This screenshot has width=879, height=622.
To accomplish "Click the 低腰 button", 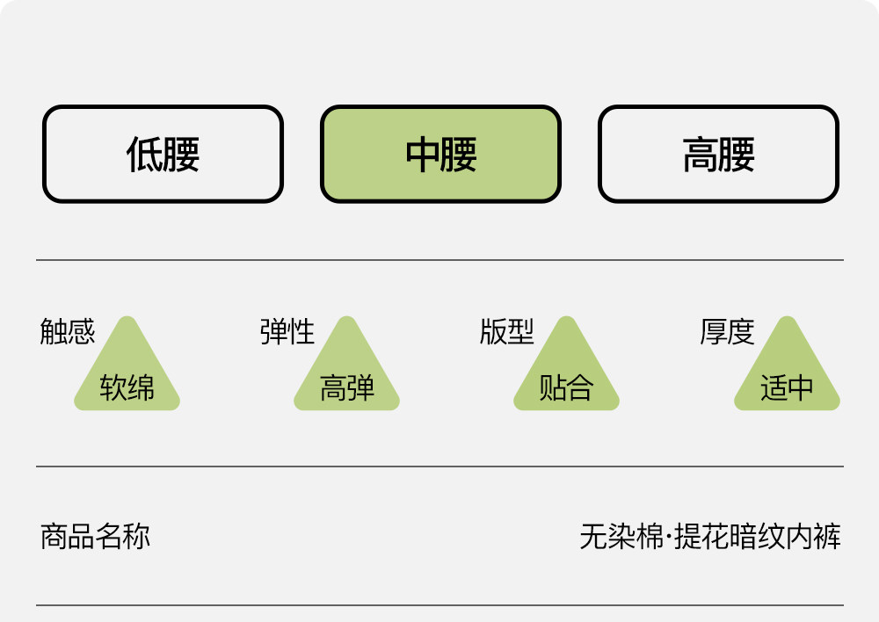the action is pyautogui.click(x=163, y=155).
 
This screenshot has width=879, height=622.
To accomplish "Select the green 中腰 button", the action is pyautogui.click(x=440, y=155).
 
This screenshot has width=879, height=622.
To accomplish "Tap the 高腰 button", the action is pyautogui.click(x=718, y=155).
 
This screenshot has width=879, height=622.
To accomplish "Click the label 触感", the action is pyautogui.click(x=67, y=332).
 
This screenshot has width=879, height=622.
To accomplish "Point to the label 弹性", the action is pyautogui.click(x=287, y=332).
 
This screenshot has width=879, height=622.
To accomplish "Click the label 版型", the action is pyautogui.click(x=506, y=332).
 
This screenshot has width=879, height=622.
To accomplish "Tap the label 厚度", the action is pyautogui.click(x=727, y=332).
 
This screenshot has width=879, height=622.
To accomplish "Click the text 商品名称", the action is pyautogui.click(x=95, y=536).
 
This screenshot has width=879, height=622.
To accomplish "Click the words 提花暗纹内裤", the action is pyautogui.click(x=758, y=536).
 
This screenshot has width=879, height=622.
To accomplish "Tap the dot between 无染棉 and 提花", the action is pyautogui.click(x=669, y=536).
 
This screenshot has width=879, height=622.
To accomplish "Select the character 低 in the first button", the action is pyautogui.click(x=144, y=155).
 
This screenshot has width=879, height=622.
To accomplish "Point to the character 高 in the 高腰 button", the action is pyautogui.click(x=700, y=155).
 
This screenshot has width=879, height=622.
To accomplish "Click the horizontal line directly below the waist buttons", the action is pyautogui.click(x=439, y=260).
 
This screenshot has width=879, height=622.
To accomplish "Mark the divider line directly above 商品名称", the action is pyautogui.click(x=439, y=466).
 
